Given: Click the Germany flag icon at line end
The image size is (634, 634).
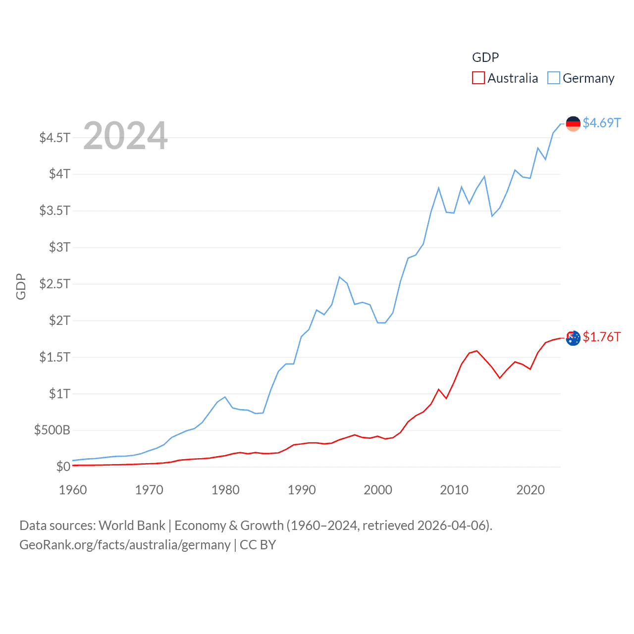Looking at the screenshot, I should coord(573,124).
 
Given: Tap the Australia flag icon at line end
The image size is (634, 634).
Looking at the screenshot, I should coord(573,338).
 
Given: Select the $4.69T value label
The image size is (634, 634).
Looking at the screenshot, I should coord(601,123).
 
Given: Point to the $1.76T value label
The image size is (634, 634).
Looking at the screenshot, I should coord(601,337).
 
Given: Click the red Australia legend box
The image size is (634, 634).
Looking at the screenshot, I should coord(478,78).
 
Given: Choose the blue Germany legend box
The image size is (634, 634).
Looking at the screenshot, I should coord(554,78).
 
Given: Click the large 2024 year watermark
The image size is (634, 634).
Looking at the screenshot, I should coord(125,136).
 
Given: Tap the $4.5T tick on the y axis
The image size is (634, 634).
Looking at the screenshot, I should coord(54,137).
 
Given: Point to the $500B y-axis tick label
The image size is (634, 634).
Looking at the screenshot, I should coord(52,430).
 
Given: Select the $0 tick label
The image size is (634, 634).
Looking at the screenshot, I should coord(63,467).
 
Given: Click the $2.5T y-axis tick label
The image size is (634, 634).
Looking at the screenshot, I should coord(54,284).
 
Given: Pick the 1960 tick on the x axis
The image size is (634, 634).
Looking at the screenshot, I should coord(73,490).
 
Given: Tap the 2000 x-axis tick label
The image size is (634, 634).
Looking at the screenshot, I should coord(378,490).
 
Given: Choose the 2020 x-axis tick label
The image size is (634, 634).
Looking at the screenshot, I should coord(530,490).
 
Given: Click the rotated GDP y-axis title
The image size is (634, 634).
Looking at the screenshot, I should coord(21,286).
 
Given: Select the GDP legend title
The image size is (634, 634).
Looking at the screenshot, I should coord(485,57).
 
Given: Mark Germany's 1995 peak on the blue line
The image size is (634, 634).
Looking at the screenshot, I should coord(339,277).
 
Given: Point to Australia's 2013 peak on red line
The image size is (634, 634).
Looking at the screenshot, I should coord(476,351).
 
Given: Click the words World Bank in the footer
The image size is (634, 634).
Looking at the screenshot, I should coord(132,525).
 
